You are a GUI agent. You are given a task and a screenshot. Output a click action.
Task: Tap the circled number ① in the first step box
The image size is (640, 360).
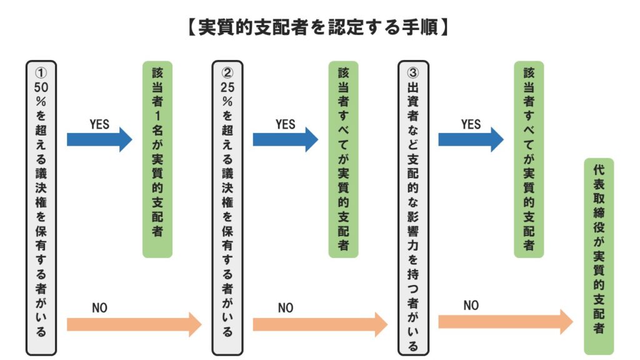[41, 72]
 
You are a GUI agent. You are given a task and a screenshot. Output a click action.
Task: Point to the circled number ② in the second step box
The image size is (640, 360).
[227, 72]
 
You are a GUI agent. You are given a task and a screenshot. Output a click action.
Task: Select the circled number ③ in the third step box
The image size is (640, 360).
[412, 72]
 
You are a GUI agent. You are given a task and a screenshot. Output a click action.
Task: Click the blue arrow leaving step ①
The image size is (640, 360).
[99, 139]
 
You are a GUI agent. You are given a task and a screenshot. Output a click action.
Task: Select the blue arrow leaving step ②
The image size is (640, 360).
[286, 139]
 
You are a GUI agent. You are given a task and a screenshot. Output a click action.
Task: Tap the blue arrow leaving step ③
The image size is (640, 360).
[471, 139]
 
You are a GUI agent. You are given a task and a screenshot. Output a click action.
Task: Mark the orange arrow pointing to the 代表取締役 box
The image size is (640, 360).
[506, 322]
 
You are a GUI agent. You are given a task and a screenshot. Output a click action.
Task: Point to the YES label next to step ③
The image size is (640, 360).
[471, 124]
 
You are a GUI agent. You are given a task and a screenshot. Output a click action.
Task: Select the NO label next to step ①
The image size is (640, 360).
[99, 308]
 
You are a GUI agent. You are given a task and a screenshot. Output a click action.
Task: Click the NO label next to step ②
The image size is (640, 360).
[286, 308]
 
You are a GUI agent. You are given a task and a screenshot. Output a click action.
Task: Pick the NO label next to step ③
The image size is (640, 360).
[471, 306]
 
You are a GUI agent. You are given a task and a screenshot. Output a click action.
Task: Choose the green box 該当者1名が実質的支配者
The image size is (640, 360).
[157, 159]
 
